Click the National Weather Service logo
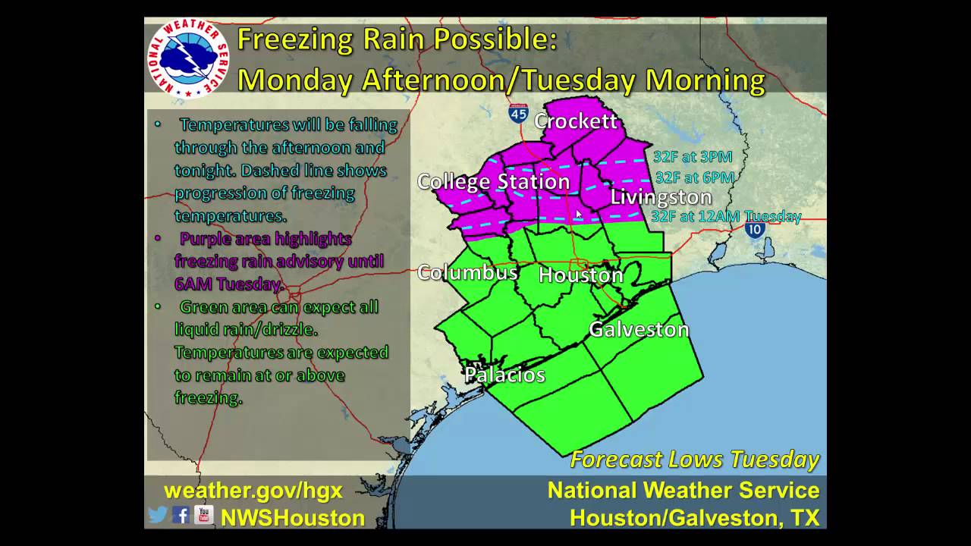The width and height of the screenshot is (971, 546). (187, 58)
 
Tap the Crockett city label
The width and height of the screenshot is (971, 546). (576, 121)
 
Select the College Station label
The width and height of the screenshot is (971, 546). (493, 182)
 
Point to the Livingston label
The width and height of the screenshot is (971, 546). (661, 197)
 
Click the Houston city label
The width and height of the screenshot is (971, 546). (580, 275)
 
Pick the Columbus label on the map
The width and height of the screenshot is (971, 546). (467, 272)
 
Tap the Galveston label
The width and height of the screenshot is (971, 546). (639, 329)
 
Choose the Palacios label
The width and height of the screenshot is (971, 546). (504, 375)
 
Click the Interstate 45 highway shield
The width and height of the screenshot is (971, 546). (519, 114)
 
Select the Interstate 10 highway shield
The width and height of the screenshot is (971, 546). (754, 229)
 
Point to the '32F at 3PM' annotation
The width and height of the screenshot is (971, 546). (693, 157)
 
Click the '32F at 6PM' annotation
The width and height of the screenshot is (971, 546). (694, 177)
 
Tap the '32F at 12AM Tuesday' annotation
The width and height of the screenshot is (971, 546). (726, 216)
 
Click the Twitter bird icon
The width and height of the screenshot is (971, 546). (158, 516)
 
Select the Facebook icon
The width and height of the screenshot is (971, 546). (181, 516)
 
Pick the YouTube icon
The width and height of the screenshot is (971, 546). (203, 516)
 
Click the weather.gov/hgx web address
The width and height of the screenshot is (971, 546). (253, 491)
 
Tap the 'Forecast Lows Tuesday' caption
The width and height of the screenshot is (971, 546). (694, 460)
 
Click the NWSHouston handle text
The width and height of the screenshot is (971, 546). (293, 518)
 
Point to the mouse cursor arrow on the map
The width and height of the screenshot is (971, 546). (579, 215)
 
